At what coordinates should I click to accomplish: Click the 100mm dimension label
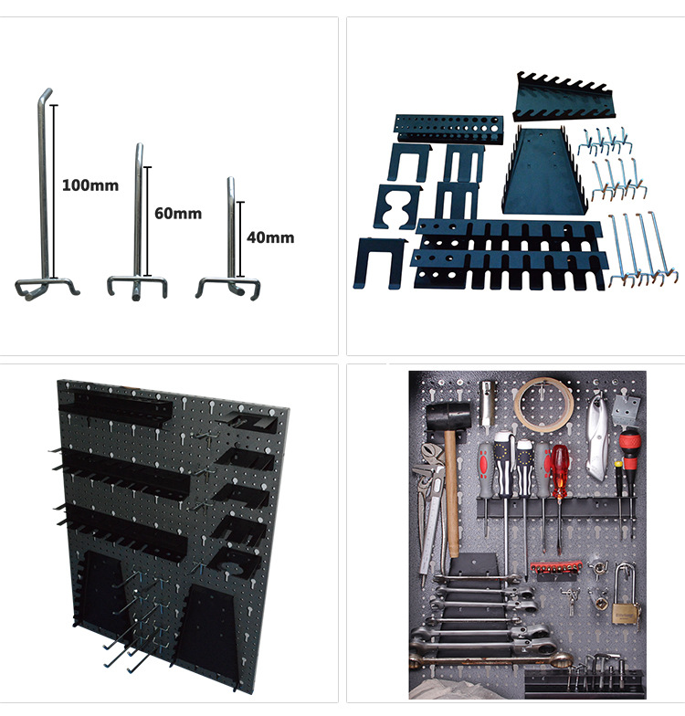(90, 185)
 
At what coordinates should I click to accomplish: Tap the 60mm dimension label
(178, 214)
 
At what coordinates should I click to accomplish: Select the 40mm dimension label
(270, 237)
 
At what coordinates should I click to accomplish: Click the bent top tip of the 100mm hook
(47, 91)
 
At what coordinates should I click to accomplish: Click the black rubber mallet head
(448, 416)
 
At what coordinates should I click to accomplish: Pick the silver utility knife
(598, 438)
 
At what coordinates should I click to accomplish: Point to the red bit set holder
(555, 568)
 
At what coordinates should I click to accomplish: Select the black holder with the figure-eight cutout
(397, 206)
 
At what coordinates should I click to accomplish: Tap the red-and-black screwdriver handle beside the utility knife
(630, 449)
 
